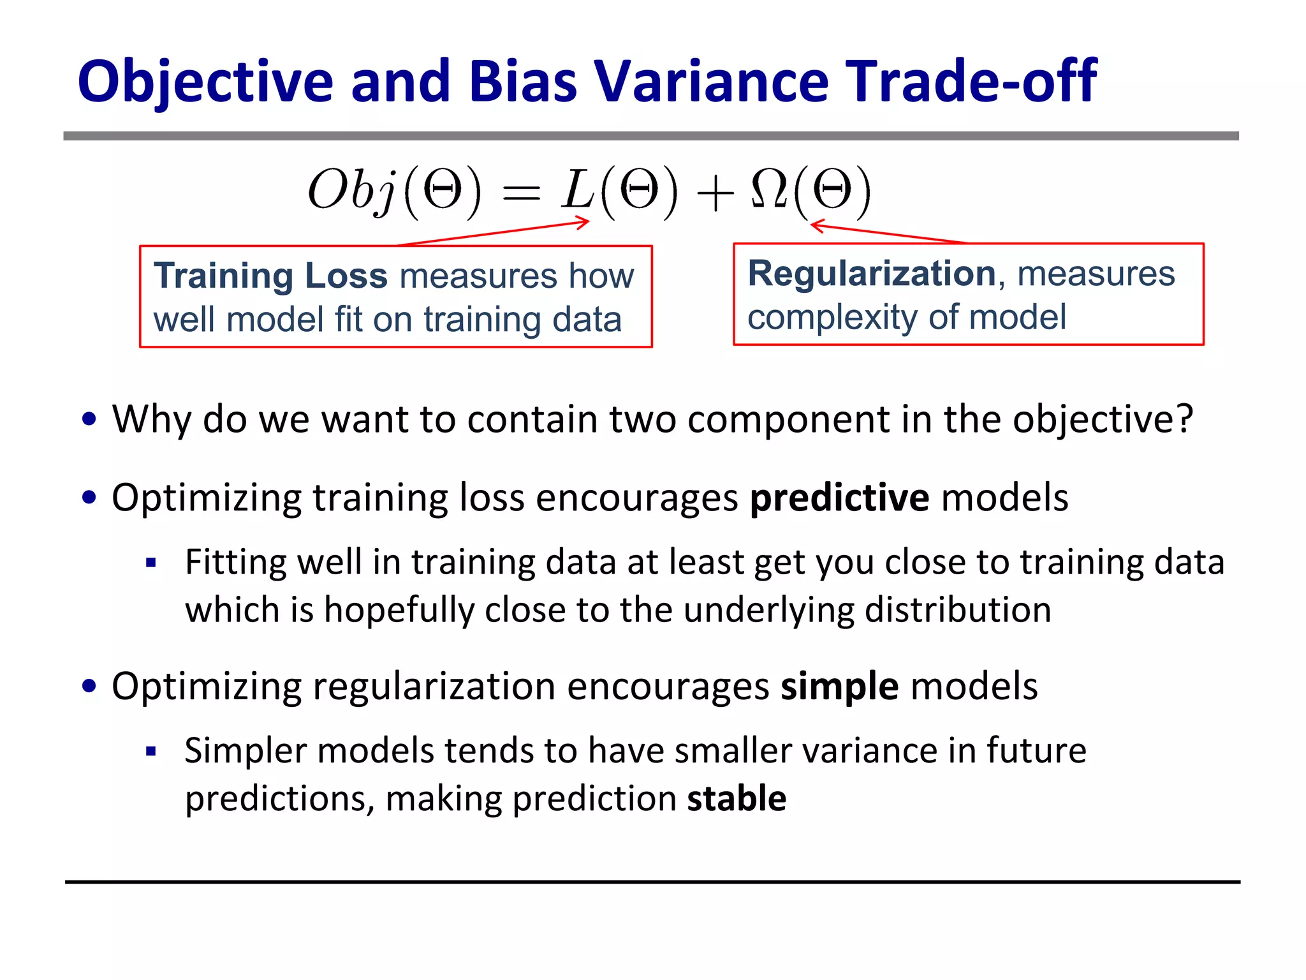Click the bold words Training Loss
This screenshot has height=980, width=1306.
point(270,276)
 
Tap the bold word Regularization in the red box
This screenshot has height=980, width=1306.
point(871,274)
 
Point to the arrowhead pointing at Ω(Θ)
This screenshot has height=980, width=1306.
point(816,225)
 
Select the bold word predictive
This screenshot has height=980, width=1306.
point(839,498)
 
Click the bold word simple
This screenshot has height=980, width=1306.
point(840,687)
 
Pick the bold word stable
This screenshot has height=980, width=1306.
point(737,799)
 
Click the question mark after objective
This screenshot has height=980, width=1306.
point(1184,419)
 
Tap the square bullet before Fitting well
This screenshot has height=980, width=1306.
point(151,563)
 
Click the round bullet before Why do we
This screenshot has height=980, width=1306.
point(89,419)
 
